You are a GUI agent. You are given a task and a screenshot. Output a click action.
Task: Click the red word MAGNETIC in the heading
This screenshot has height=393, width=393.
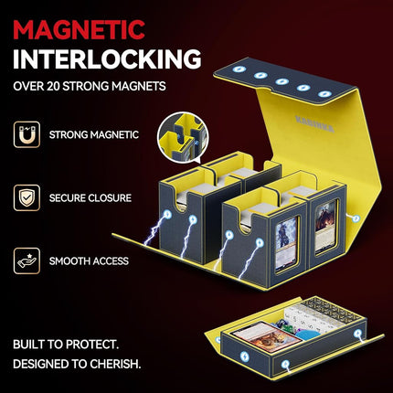(79, 29)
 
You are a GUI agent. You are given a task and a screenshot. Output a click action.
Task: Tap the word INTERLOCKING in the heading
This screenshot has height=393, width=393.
(107, 59)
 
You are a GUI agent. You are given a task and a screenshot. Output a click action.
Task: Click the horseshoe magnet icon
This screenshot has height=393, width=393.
(27, 134)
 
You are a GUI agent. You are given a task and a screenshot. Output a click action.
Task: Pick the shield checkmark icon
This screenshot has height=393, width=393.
(27, 197)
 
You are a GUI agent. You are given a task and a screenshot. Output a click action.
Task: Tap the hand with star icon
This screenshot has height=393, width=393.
(27, 260)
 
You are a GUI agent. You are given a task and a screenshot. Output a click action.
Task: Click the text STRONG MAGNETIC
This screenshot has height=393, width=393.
(94, 134)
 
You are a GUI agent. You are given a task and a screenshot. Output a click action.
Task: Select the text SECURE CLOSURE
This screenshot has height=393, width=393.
(90, 198)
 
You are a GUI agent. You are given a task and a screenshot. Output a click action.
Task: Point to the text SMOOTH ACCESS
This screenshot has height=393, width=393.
(89, 261)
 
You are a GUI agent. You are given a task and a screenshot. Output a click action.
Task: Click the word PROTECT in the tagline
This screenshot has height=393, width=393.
(92, 345)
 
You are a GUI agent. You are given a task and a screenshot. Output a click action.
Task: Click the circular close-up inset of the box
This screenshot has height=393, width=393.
(183, 137)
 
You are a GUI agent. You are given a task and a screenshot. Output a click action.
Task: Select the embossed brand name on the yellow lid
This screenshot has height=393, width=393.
(314, 123)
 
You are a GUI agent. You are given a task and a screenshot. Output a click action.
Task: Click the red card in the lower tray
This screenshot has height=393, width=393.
(266, 335)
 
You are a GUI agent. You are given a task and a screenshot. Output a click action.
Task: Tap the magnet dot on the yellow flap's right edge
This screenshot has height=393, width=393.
(356, 218)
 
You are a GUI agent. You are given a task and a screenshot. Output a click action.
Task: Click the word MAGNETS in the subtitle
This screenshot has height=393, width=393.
(138, 86)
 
